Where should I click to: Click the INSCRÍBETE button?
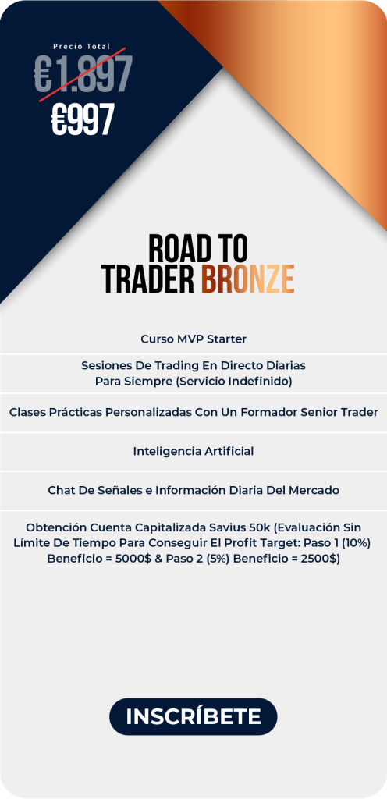193,716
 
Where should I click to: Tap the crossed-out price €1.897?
83,74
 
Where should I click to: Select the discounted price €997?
83,119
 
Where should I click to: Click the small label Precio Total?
81,46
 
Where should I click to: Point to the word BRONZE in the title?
247,279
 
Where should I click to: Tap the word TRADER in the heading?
148,279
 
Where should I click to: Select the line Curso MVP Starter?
193,339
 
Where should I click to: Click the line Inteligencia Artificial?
193,451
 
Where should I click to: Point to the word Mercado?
314,490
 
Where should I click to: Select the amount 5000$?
133,559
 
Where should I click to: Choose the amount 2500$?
320,559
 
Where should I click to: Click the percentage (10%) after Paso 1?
356,543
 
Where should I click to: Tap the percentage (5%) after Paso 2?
217,559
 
